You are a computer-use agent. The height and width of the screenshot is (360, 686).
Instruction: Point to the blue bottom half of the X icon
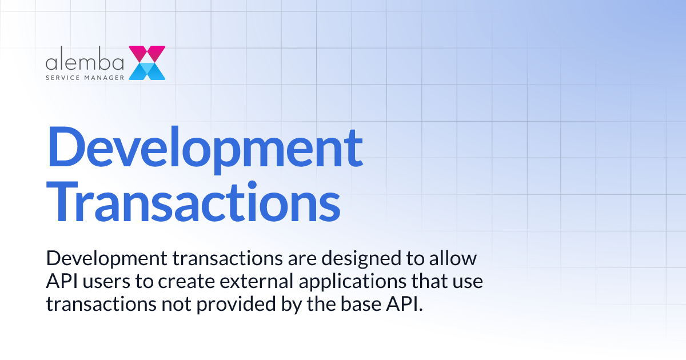147,71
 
